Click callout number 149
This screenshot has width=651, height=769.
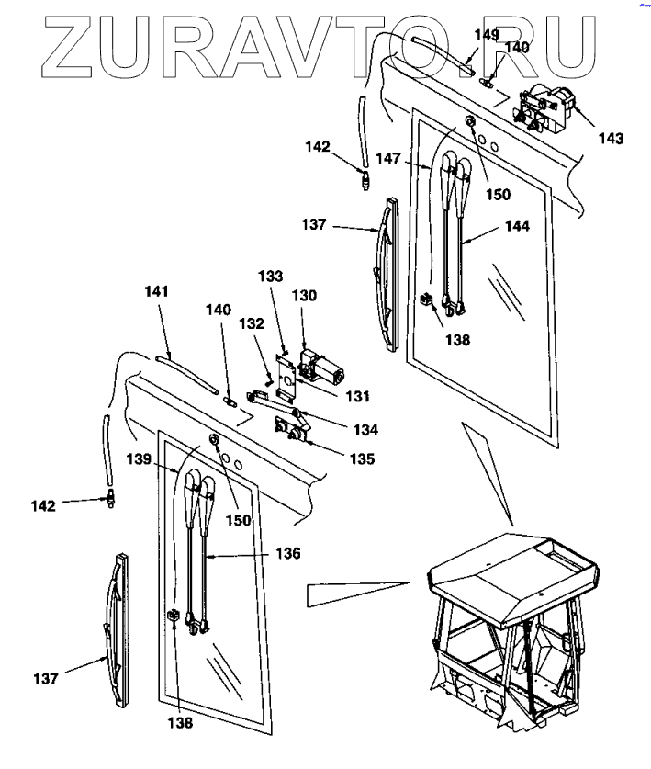click(487, 35)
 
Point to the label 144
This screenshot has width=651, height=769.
click(517, 225)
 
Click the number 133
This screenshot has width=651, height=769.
click(271, 276)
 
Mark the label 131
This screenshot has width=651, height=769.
click(357, 397)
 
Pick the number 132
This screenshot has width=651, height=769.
click(253, 323)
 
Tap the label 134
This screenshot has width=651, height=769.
click(363, 429)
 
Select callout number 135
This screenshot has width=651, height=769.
click(361, 458)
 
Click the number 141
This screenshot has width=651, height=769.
click(157, 291)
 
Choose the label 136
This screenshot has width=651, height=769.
click(288, 553)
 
